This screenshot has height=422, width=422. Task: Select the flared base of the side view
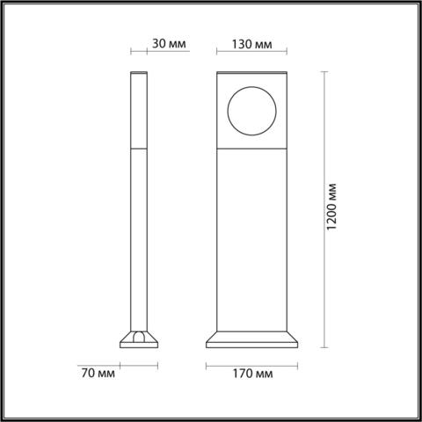(139, 340)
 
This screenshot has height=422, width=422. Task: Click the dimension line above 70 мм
(139, 361)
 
